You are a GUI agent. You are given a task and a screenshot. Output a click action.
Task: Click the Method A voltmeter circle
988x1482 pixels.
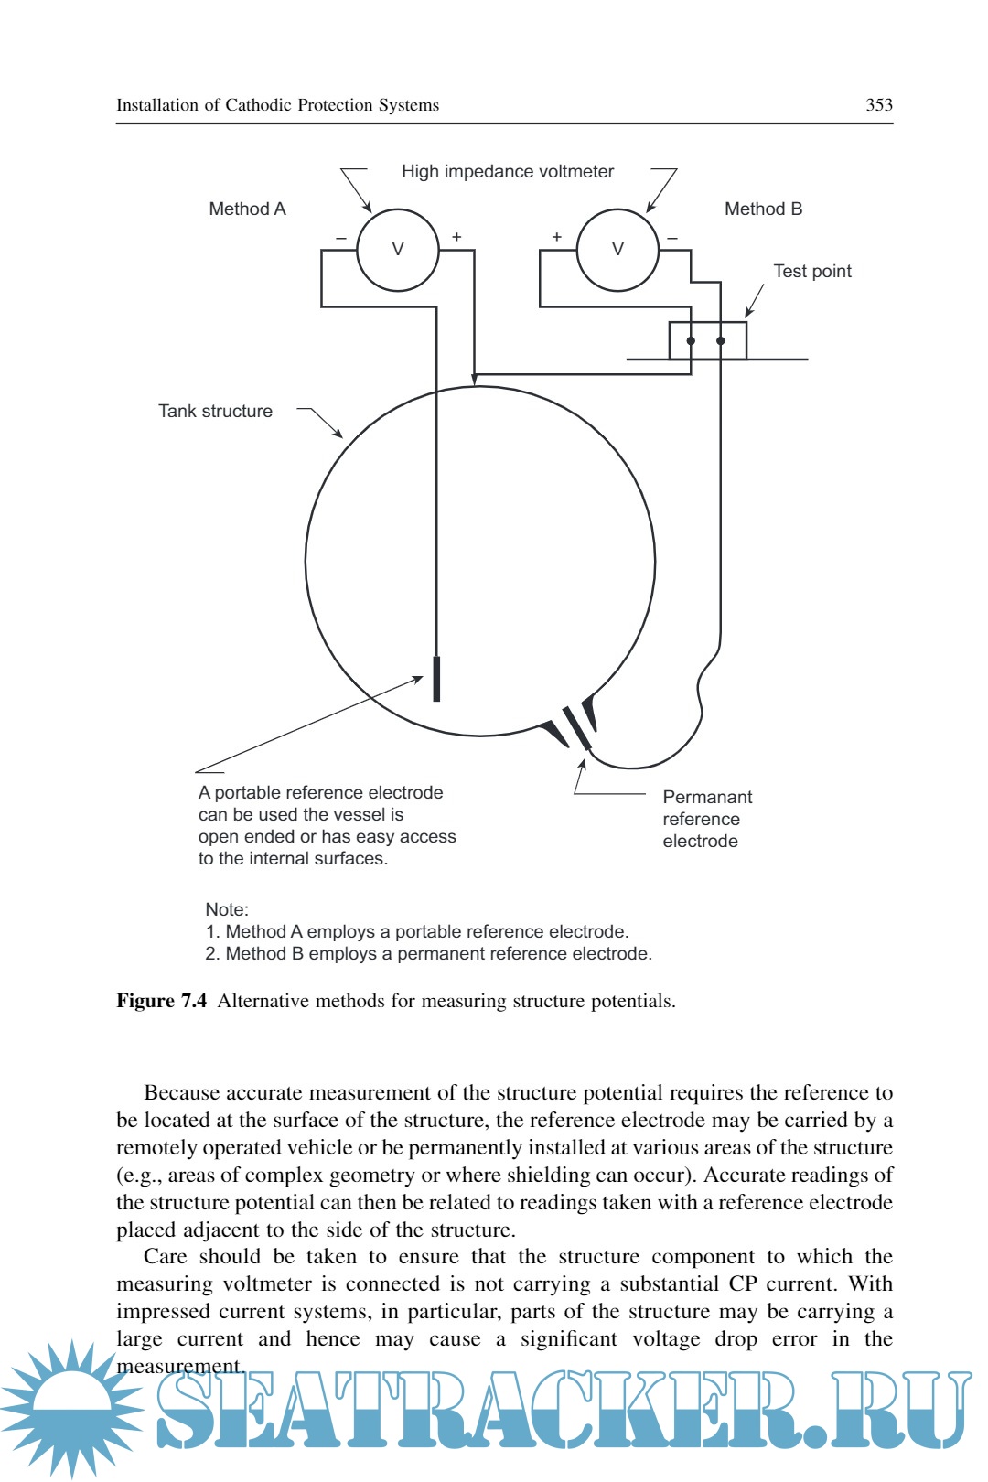(x=397, y=250)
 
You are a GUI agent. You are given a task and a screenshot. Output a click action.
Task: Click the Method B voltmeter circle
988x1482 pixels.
(x=617, y=250)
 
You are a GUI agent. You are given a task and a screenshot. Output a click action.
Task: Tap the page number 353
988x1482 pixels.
(x=878, y=105)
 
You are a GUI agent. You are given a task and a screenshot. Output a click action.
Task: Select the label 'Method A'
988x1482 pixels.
(x=247, y=209)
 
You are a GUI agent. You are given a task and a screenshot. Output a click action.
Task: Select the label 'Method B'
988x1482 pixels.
(x=763, y=209)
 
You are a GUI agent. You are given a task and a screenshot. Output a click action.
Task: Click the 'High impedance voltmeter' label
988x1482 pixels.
(x=508, y=171)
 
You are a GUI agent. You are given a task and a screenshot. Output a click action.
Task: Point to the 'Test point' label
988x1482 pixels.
(x=811, y=271)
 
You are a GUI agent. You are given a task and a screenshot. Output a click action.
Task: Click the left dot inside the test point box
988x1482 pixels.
(x=691, y=341)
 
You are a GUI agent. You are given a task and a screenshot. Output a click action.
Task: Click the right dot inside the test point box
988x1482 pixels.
(x=720, y=341)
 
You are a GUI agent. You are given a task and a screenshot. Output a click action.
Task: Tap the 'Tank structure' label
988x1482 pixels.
(x=215, y=411)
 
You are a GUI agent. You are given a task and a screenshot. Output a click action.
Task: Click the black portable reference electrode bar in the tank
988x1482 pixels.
(x=436, y=678)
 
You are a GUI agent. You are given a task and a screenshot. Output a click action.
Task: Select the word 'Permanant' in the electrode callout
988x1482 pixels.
(x=707, y=797)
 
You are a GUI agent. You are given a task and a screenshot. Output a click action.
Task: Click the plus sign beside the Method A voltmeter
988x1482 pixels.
(x=456, y=237)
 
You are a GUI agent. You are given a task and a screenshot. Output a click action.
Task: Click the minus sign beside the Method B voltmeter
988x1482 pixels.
(x=672, y=238)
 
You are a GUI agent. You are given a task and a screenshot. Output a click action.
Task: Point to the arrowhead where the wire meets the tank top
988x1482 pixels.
(x=474, y=379)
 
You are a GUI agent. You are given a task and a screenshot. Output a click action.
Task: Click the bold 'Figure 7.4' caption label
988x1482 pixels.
(x=161, y=1001)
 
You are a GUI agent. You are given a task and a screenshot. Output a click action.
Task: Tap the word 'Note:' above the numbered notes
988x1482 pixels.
(x=227, y=909)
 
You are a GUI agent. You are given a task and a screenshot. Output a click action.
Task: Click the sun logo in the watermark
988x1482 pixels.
(x=71, y=1407)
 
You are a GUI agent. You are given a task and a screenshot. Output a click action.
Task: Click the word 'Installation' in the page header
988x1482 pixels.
(x=156, y=105)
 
